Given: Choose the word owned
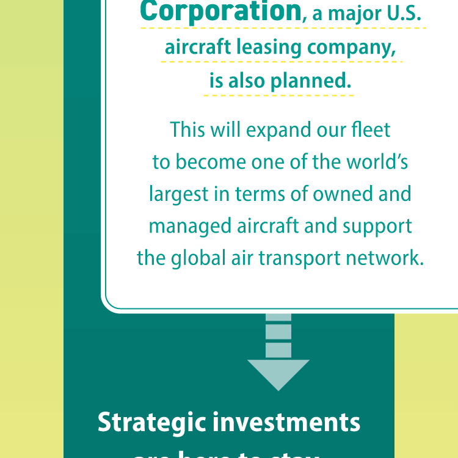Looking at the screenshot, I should click(343, 194).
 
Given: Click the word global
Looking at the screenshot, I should click(190, 258).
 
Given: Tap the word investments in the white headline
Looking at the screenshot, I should click(289, 423).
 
